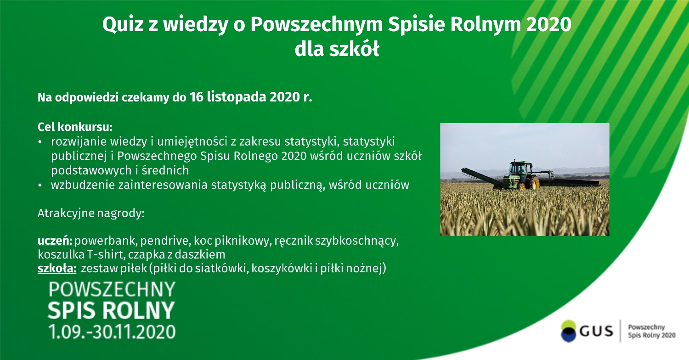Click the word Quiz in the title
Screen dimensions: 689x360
pos(123,25)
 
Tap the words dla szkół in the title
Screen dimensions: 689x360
pos(337,49)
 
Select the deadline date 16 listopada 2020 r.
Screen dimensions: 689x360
pos(251,97)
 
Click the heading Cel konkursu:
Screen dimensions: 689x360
pos(75,127)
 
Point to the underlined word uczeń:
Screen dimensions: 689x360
pos(55,241)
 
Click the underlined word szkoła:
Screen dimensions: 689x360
pos(57,268)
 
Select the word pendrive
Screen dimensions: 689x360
pos(165,241)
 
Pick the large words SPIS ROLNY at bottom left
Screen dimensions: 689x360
pos(111,310)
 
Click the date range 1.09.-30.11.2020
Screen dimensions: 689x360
pos(112,332)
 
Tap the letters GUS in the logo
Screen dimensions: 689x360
pos(596,332)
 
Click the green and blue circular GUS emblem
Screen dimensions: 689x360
pos(568,331)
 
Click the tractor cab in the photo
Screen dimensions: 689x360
pos(520,169)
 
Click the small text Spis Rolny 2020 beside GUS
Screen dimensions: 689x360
pos(651,335)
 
